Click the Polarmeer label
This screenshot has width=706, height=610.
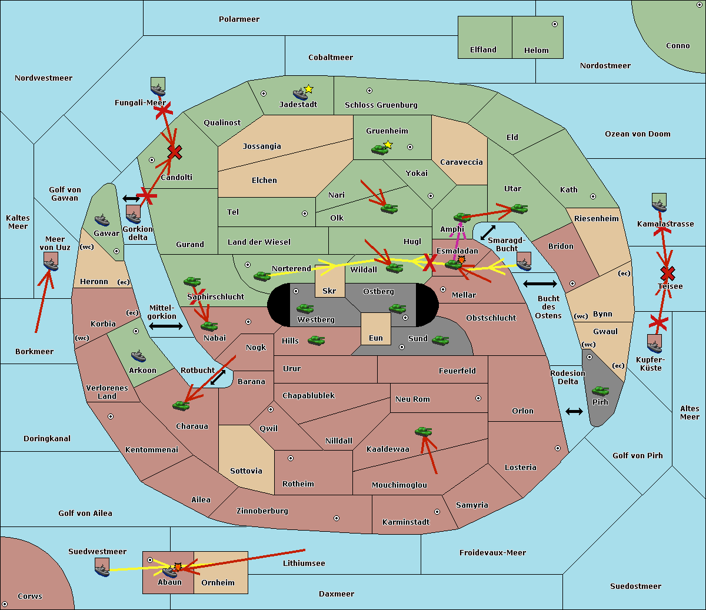click(239, 19)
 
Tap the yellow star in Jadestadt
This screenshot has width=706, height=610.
click(308, 89)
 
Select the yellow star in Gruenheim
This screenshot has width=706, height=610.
click(388, 145)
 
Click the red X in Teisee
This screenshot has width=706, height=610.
click(667, 273)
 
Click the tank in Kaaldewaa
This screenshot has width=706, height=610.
click(423, 432)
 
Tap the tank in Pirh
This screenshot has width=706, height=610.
click(600, 391)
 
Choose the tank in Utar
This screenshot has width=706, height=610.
click(519, 208)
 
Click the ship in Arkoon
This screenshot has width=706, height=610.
click(138, 356)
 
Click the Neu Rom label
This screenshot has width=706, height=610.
click(412, 399)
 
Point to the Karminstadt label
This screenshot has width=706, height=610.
click(406, 522)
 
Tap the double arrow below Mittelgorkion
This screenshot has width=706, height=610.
click(166, 326)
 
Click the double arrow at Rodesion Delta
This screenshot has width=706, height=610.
click(574, 411)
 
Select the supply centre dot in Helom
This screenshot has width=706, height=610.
click(554, 24)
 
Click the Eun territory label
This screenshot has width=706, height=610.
click(376, 338)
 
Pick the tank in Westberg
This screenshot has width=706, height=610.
click(305, 309)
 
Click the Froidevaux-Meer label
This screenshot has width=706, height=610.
click(492, 553)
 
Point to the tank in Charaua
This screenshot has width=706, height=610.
click(181, 405)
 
